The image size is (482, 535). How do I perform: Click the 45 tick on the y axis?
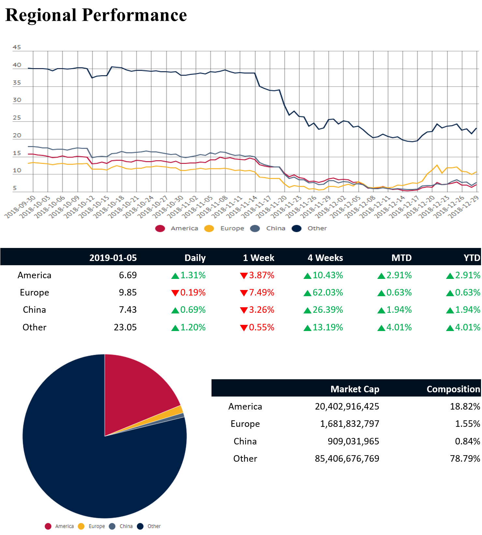click(17, 47)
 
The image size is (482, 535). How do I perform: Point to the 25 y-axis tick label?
click(17, 118)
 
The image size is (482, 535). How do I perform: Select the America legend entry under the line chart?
click(184, 228)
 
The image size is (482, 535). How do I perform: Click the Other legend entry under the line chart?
click(317, 228)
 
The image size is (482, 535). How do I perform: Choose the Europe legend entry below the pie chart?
click(96, 526)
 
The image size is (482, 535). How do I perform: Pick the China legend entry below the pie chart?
click(126, 526)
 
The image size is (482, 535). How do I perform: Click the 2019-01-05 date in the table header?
click(113, 258)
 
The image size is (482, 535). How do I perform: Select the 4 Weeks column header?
click(325, 258)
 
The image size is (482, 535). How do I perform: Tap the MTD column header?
click(402, 258)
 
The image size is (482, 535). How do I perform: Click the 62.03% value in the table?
click(328, 293)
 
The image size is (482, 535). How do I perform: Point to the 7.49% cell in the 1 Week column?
click(261, 293)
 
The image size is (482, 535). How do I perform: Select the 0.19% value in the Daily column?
click(193, 293)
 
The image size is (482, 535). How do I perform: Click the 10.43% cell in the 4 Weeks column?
click(328, 275)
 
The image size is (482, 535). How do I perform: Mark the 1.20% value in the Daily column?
click(193, 327)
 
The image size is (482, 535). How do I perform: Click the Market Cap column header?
click(355, 389)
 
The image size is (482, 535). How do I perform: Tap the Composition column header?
click(453, 389)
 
